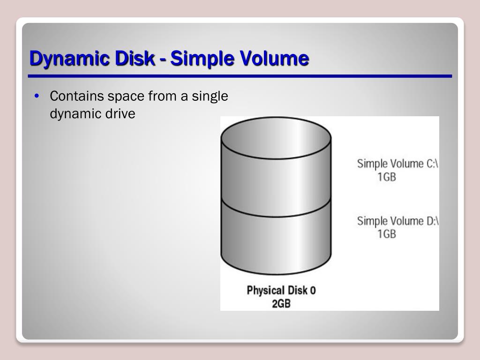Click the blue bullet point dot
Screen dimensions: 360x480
[37, 97]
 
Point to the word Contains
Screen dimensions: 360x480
[77, 97]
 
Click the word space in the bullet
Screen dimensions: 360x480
[126, 97]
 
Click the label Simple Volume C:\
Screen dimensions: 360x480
[397, 164]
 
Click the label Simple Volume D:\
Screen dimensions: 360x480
[397, 221]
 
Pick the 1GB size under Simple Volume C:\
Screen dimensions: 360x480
[387, 177]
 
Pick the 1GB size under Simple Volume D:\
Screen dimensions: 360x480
[387, 234]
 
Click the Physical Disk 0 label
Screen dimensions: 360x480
[281, 290]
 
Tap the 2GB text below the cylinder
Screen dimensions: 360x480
[281, 303]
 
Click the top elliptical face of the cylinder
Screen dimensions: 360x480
[276, 139]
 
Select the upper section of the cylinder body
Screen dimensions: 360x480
[276, 180]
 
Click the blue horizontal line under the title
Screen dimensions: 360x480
[240, 76]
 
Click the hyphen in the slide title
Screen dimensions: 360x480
[162, 60]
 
